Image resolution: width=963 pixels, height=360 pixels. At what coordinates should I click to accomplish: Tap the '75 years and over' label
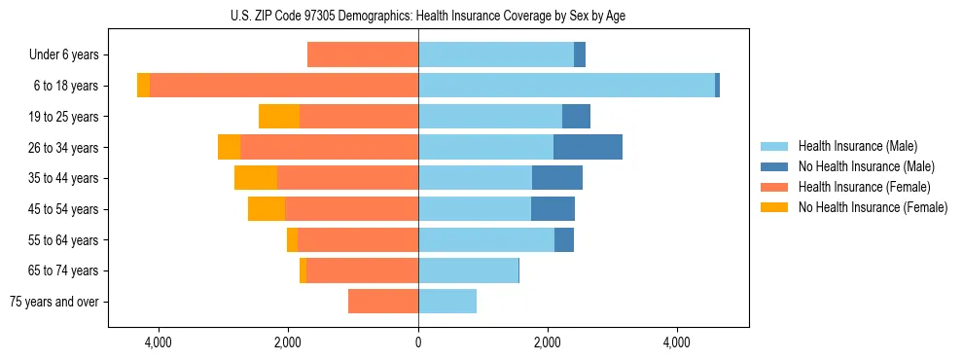pyautogui.click(x=54, y=302)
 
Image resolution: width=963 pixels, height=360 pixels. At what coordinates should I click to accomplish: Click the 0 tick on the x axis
pyautogui.click(x=418, y=342)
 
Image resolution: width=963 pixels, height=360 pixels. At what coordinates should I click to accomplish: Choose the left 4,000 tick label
pyautogui.click(x=159, y=342)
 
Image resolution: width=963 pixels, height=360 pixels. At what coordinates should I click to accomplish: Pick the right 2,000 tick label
pyautogui.click(x=548, y=342)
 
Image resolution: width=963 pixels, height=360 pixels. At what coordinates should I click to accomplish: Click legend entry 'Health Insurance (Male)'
pyautogui.click(x=857, y=146)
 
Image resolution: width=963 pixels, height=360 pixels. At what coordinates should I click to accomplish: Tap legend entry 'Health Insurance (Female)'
pyautogui.click(x=864, y=187)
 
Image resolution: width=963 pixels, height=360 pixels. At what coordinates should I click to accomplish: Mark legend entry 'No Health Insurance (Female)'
pyautogui.click(x=873, y=207)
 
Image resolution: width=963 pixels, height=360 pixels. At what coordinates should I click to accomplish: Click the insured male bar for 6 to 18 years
pyautogui.click(x=566, y=86)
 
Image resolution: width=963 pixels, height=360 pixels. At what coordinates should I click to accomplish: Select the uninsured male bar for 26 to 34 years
pyautogui.click(x=588, y=148)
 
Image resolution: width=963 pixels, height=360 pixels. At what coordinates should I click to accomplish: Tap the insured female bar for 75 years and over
pyautogui.click(x=383, y=302)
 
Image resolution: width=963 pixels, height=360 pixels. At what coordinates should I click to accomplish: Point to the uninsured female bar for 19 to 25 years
pyautogui.click(x=279, y=117)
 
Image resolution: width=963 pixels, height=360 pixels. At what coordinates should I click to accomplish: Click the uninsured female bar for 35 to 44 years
pyautogui.click(x=256, y=178)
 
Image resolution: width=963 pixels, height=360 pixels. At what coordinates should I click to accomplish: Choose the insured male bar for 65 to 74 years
pyautogui.click(x=468, y=270)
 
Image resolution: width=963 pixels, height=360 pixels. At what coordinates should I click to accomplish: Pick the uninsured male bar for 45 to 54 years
pyautogui.click(x=553, y=209)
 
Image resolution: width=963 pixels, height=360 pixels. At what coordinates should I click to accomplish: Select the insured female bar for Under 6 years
pyautogui.click(x=363, y=55)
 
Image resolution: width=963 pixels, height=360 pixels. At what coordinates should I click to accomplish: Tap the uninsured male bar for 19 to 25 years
pyautogui.click(x=576, y=117)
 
